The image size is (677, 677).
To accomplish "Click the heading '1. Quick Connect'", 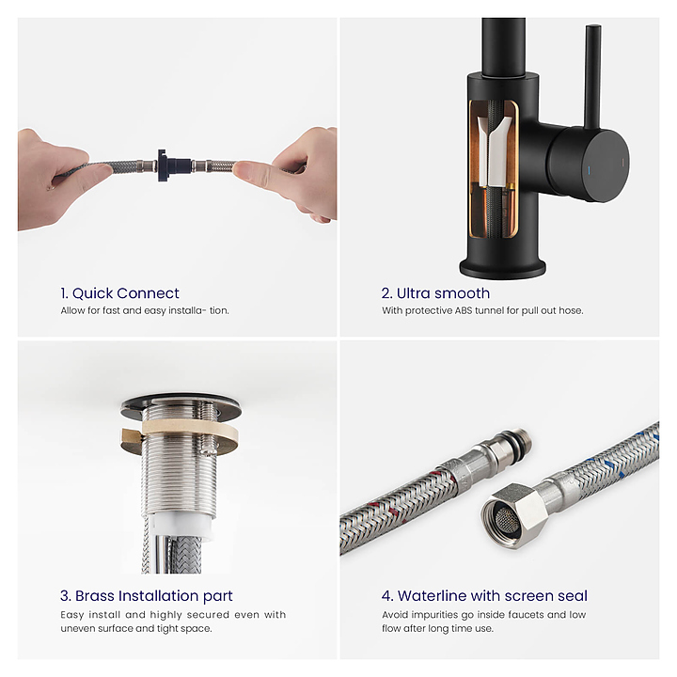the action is click(x=119, y=293).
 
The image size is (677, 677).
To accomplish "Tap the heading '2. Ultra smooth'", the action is click(x=435, y=293).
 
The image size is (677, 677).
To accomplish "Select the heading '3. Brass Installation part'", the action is click(x=147, y=596).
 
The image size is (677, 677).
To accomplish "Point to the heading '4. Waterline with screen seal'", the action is click(x=484, y=596).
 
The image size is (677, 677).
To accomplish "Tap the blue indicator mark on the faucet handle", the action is click(x=589, y=169).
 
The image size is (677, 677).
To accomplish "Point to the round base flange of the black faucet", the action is click(x=502, y=268).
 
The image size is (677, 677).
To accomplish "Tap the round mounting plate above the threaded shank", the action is click(x=181, y=406).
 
